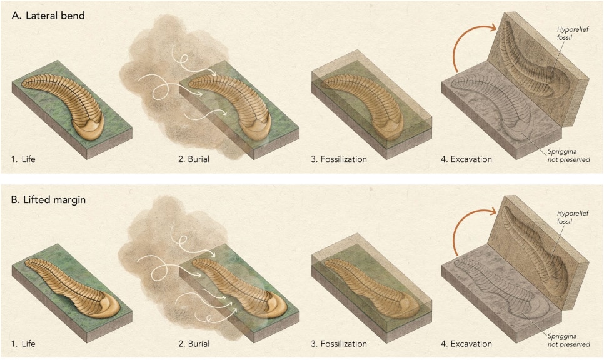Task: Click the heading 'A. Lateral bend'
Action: coord(48,16)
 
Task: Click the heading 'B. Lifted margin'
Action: coord(48,200)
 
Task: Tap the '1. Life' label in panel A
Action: coord(23,159)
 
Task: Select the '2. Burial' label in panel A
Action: coord(194,159)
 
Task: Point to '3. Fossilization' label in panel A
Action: coord(339,159)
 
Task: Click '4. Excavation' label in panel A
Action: coord(466,159)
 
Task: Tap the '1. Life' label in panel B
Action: coord(23,344)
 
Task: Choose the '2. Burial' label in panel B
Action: coord(194,344)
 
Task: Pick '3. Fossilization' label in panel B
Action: coord(339,344)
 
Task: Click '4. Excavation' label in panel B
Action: coord(466,344)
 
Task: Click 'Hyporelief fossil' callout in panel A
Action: coord(572,34)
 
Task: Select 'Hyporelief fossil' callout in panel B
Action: coord(572,217)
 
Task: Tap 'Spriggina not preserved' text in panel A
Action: coord(568,156)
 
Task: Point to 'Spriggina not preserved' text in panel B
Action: coord(568,341)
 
